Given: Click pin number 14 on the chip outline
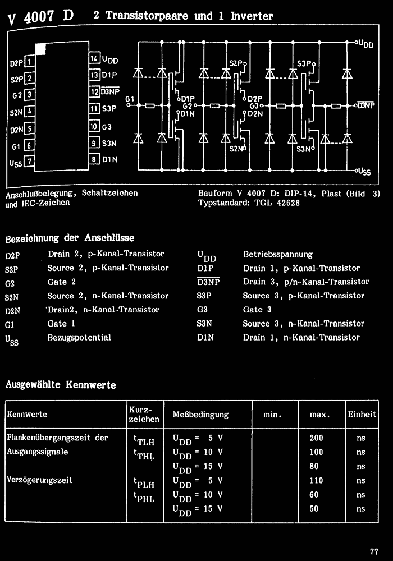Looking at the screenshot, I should tap(94, 59).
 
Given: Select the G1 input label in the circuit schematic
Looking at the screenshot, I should tap(130, 99).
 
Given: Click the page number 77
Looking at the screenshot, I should tap(374, 550).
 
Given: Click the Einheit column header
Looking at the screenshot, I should tap(362, 415).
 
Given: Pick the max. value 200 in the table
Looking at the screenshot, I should tap(317, 438).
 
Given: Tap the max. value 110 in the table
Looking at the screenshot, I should tap(317, 481).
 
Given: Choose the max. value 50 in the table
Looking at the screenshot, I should tap(314, 509).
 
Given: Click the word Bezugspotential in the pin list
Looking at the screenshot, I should tap(79, 338).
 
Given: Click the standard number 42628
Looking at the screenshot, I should tap(288, 203).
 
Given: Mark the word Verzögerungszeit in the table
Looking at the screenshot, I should tap(39, 480).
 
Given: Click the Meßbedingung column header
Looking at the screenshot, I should tap(200, 415).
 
